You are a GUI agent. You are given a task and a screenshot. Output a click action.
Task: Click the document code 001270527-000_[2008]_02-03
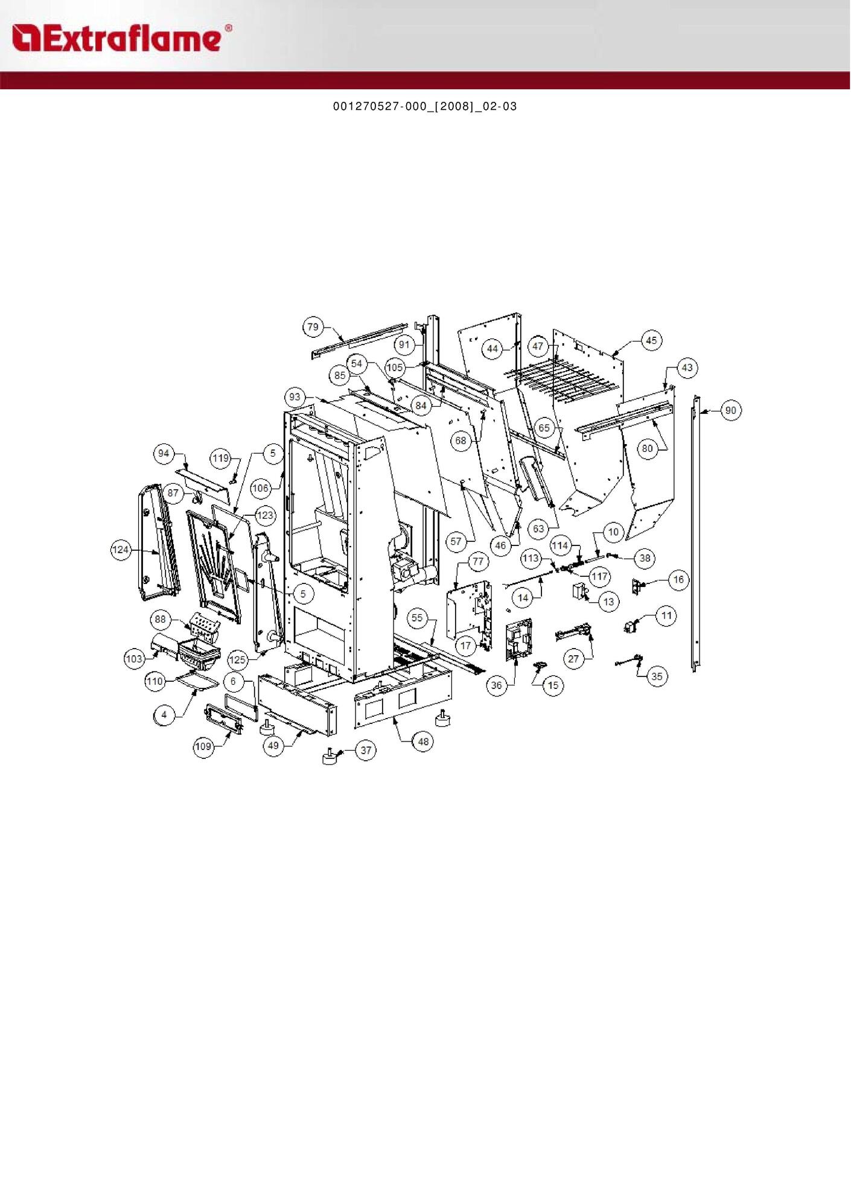(425, 106)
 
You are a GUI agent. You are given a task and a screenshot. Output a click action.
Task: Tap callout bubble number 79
(313, 327)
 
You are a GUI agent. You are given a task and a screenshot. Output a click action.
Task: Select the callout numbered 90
(730, 410)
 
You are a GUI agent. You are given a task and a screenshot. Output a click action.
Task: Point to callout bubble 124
(121, 550)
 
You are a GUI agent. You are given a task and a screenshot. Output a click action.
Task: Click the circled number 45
(651, 340)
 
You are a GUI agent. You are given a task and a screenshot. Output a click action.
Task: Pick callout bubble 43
(687, 367)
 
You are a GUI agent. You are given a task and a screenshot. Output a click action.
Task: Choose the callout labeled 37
(366, 750)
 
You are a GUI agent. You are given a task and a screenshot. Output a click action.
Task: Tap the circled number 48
(423, 742)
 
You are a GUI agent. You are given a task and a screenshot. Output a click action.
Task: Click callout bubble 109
(203, 747)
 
